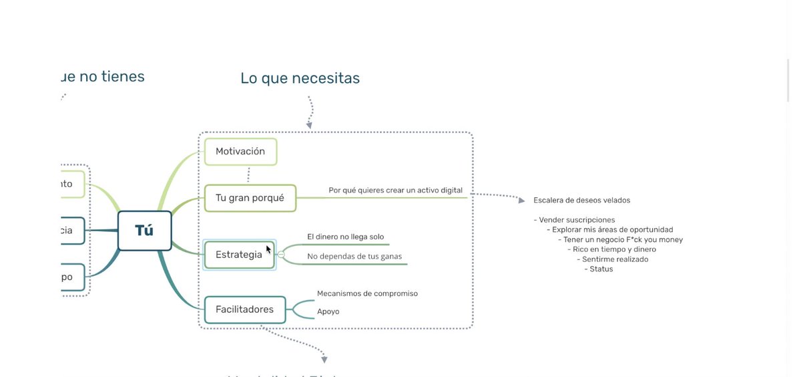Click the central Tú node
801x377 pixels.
pyautogui.click(x=144, y=231)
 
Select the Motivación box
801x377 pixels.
pyautogui.click(x=240, y=152)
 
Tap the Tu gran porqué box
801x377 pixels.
pyautogui.click(x=250, y=198)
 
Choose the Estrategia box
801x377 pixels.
pyautogui.click(x=238, y=255)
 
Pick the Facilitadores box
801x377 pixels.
pyautogui.click(x=244, y=309)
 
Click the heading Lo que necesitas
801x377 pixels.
pyautogui.click(x=300, y=78)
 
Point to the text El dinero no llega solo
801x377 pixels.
pyautogui.click(x=345, y=237)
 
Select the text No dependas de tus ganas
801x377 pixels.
pyautogui.click(x=354, y=256)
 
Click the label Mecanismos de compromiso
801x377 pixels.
pyautogui.click(x=367, y=293)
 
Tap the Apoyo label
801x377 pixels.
pyautogui.click(x=328, y=311)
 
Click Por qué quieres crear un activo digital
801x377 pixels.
pyautogui.click(x=395, y=191)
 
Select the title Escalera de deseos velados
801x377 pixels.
pyautogui.click(x=581, y=201)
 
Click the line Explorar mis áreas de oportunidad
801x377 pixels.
pyautogui.click(x=612, y=230)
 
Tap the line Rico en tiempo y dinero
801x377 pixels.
pyautogui.click(x=613, y=249)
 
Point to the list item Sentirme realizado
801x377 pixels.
pyautogui.click(x=614, y=259)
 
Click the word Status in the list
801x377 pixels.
pyautogui.click(x=601, y=269)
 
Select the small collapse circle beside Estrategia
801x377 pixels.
pyautogui.click(x=281, y=255)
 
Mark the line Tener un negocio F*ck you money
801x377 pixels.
pyautogui.click(x=622, y=240)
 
